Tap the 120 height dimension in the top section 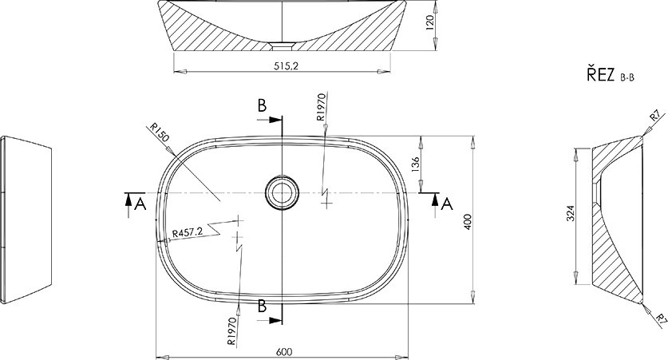click(429, 22)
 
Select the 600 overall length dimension click(284, 352)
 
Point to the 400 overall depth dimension click(468, 222)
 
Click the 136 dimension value click(416, 164)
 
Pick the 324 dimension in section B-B click(571, 213)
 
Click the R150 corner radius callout click(160, 133)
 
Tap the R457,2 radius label click(188, 232)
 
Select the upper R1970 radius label click(322, 106)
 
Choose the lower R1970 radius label click(232, 330)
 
